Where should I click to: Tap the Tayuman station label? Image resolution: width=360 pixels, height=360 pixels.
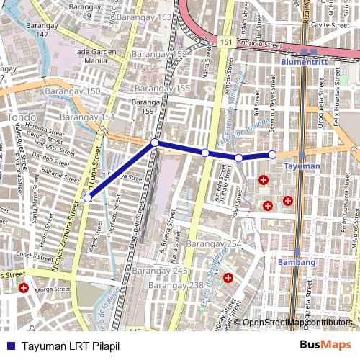(x=302, y=166)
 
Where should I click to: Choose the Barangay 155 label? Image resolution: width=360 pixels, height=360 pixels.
(x=168, y=88)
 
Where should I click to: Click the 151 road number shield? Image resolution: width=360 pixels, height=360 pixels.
(x=227, y=43)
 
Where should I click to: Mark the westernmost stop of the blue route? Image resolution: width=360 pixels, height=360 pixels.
(x=88, y=197)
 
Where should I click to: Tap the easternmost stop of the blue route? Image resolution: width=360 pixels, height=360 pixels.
(x=272, y=154)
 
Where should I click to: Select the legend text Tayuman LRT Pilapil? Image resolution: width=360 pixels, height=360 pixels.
(x=70, y=346)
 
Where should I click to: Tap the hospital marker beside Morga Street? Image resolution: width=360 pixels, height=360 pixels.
(x=24, y=288)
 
